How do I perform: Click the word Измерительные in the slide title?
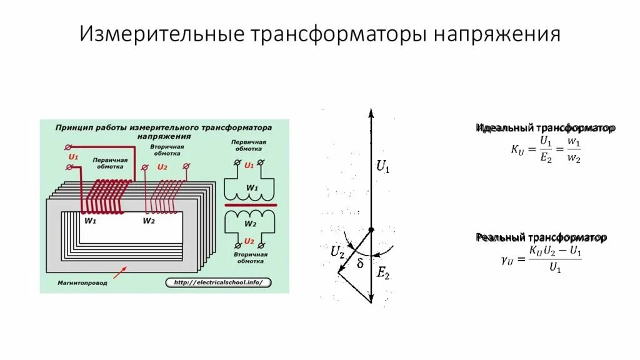coord(162,35)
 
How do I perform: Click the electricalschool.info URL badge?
coord(219,282)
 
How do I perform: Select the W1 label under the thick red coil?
coord(90,221)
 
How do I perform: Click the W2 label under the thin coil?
coord(148,221)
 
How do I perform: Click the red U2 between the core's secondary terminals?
coord(162,167)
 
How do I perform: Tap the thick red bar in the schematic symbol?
coord(251,205)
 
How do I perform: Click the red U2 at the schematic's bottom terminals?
coord(249,241)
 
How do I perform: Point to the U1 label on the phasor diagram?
coord(382,166)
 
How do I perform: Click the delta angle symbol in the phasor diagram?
coord(360,263)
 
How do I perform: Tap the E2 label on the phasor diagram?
coord(382,272)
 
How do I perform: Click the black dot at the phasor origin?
coord(371,230)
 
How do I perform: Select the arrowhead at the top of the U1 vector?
coord(371,114)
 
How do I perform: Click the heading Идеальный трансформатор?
coord(546,127)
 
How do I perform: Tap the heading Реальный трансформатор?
coord(541,237)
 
